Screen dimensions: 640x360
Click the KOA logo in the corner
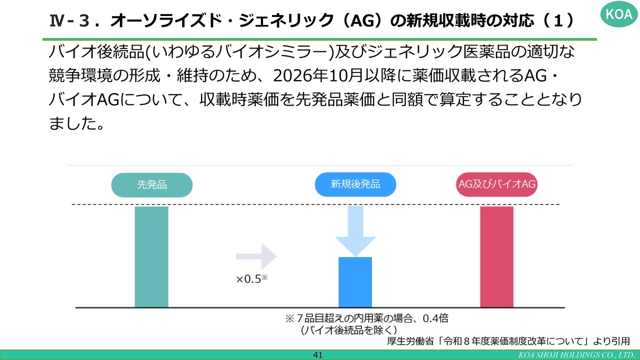pyautogui.click(x=618, y=13)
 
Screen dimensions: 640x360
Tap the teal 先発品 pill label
pyautogui.click(x=151, y=185)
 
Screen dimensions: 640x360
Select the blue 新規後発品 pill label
pyautogui.click(x=355, y=184)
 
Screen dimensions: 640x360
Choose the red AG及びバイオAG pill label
pyautogui.click(x=496, y=184)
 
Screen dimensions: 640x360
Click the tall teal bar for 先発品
pyautogui.click(x=151, y=257)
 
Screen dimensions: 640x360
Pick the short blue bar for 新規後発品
pyautogui.click(x=355, y=282)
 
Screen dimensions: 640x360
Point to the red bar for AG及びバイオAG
pyautogui.click(x=496, y=257)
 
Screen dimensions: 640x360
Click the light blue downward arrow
pyautogui.click(x=355, y=231)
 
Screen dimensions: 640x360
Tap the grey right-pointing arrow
pyautogui.click(x=256, y=256)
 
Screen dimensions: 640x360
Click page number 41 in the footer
pyautogui.click(x=317, y=355)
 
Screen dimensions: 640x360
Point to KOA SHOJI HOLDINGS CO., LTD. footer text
pyautogui.click(x=576, y=355)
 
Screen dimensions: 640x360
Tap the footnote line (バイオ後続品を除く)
pyautogui.click(x=349, y=330)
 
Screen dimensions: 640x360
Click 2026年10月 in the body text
pyautogui.click(x=317, y=75)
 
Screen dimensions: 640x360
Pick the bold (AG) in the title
pyautogui.click(x=363, y=20)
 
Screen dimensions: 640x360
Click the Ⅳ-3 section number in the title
pyautogui.click(x=70, y=21)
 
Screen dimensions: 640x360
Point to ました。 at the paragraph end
pyautogui.click(x=76, y=123)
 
